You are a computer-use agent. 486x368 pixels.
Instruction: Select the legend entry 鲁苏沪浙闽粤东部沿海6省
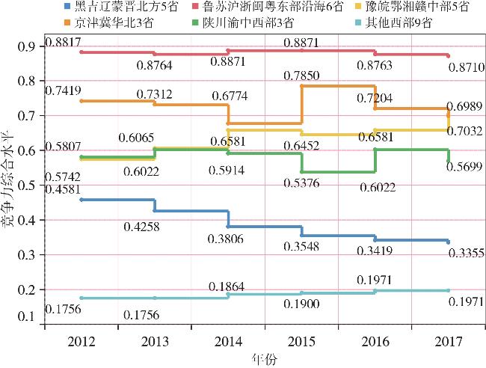[259, 7]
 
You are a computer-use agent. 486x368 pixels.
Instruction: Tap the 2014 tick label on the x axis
[227, 343]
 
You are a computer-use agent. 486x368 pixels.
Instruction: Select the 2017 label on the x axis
[449, 343]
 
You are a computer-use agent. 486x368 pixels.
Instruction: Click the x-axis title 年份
[264, 360]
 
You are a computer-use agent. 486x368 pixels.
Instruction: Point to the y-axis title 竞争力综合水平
[8, 186]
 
